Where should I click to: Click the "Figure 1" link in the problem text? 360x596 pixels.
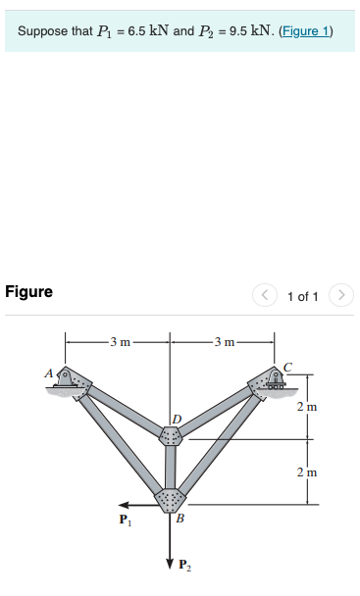coord(306,32)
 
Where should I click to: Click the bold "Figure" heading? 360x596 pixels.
coord(29,292)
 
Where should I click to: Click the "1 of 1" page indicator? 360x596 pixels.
coord(302,295)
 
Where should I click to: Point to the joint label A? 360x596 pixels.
coord(47,372)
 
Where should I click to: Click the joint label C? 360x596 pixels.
coord(287,366)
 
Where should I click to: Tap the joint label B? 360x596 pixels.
coord(179,519)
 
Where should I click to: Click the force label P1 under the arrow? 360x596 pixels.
coord(123,519)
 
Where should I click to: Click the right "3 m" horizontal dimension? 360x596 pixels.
coord(224,341)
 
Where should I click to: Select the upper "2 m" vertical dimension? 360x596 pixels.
coord(311,406)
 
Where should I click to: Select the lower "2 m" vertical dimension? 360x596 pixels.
coord(311,472)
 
